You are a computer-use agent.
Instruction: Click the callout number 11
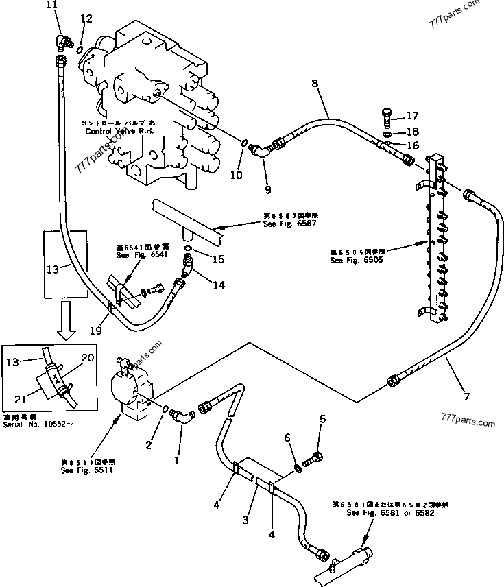click(x=52, y=5)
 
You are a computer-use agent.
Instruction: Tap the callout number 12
click(x=85, y=19)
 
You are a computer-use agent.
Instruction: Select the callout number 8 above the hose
click(x=315, y=84)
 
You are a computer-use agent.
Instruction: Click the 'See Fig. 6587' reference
click(x=283, y=222)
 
